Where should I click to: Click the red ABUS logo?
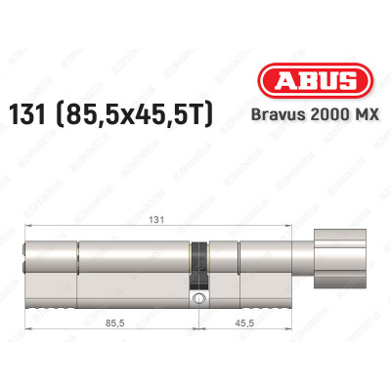tap(315, 80)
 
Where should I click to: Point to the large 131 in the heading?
tap(27, 114)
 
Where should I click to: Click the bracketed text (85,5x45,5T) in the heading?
tap(135, 114)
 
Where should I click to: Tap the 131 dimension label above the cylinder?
tap(156, 220)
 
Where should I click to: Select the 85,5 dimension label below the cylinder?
tap(115, 323)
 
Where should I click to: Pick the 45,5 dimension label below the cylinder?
tap(244, 323)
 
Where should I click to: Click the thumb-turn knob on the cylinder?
tap(339, 259)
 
